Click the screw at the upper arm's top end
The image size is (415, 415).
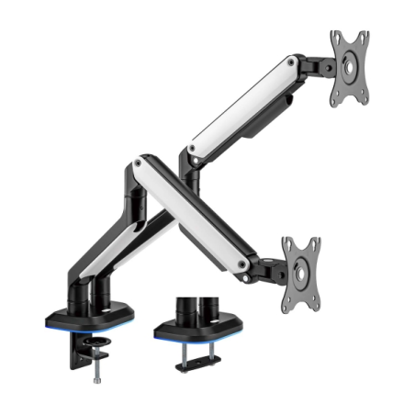[292, 63]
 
